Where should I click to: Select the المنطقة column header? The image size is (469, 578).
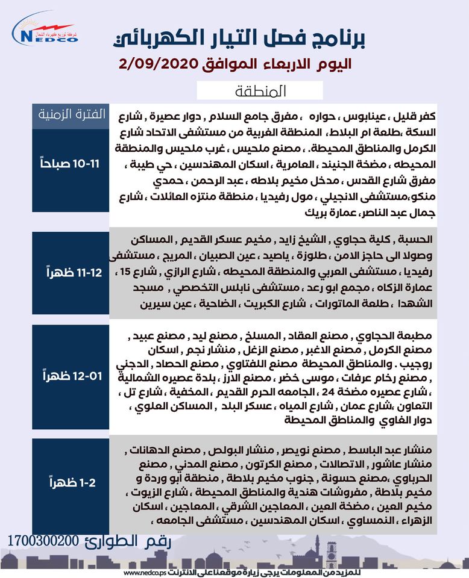coord(260,91)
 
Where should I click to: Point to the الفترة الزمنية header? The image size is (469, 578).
coord(71,113)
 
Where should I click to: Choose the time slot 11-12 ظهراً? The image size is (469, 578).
coord(71,273)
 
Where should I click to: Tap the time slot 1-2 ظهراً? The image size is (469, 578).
coord(71,482)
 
